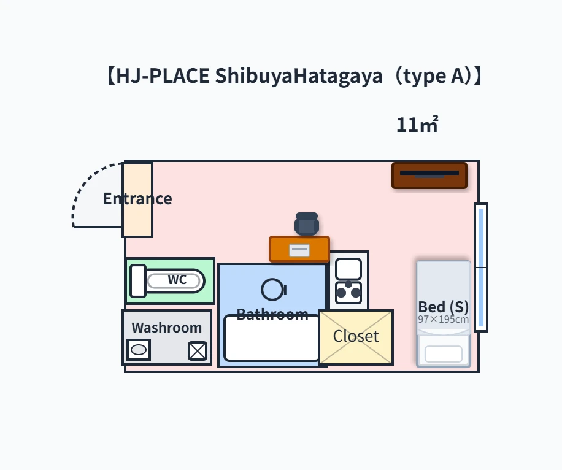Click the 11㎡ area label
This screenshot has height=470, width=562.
[x=417, y=125]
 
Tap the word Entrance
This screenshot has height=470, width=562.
[x=137, y=199]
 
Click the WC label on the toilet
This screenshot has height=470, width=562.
[x=177, y=280]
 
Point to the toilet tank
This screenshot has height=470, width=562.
[x=138, y=281]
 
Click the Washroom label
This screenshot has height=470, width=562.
[x=167, y=328]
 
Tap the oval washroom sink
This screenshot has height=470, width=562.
[x=139, y=350]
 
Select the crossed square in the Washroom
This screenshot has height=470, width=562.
[x=198, y=350]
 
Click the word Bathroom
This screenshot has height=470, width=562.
[x=272, y=314]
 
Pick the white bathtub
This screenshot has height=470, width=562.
[x=272, y=337]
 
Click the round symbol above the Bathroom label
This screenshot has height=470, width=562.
[x=274, y=290]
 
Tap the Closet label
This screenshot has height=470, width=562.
[x=356, y=336]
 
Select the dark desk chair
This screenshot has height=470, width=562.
[x=307, y=224]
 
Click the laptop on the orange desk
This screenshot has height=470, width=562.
[x=299, y=250]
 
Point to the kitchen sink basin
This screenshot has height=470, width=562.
[x=348, y=269]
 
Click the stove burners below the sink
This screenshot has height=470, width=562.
[x=348, y=293]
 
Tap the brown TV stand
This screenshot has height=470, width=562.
[x=429, y=175]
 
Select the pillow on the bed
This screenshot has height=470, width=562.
[x=444, y=354]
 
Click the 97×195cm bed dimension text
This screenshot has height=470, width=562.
[x=444, y=320]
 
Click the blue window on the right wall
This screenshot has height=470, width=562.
[x=481, y=268]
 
